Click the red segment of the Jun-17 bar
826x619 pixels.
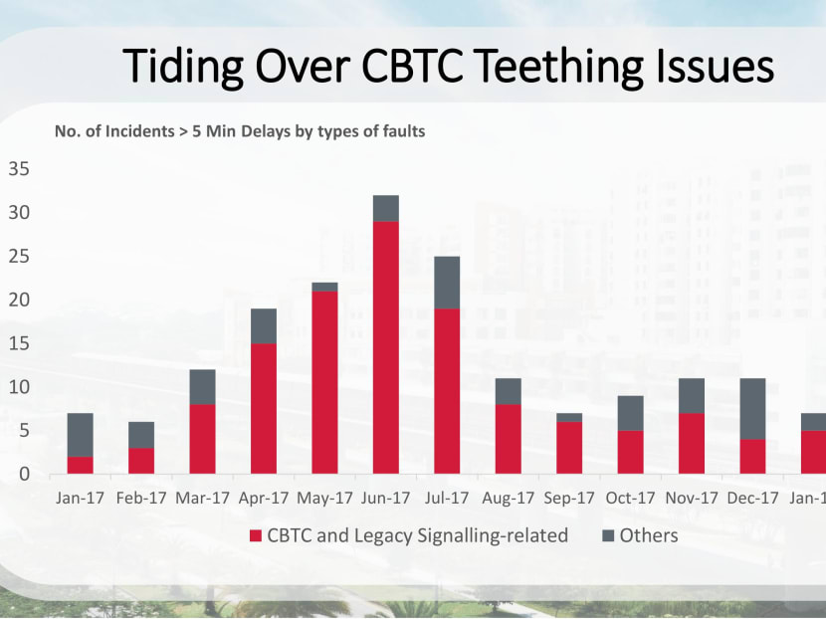click(385, 347)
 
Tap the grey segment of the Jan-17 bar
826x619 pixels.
click(80, 435)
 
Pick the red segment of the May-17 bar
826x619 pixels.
click(324, 382)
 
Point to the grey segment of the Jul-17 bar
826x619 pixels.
click(447, 283)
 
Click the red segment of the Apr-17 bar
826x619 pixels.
click(264, 408)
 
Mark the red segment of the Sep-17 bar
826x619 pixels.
click(568, 447)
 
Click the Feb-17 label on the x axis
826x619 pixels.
click(140, 496)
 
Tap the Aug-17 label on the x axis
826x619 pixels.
click(508, 496)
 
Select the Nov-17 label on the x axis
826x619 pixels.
click(691, 496)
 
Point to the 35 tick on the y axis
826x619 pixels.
click(19, 169)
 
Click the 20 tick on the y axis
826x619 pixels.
click(19, 300)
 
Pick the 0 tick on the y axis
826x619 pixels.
click(24, 474)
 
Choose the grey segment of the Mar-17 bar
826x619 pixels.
click(202, 387)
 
